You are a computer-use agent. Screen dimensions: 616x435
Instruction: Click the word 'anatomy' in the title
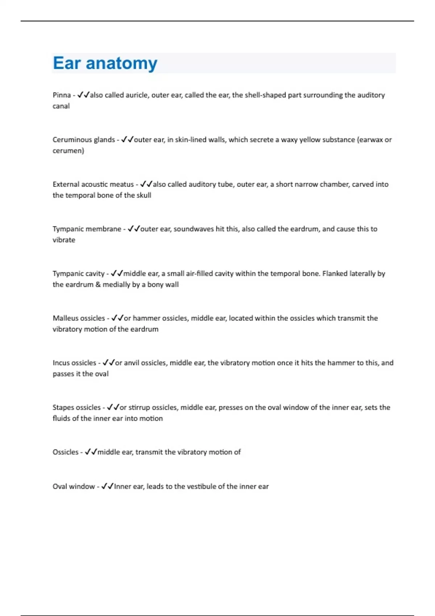click(121, 63)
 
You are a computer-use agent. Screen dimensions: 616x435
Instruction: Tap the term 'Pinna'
click(62, 95)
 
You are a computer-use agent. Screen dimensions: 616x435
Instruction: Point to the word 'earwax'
click(370, 140)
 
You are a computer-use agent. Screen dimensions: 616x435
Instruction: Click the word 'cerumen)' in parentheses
click(68, 151)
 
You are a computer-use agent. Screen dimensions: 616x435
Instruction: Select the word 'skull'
click(144, 195)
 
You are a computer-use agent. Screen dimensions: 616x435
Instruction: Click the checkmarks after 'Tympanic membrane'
click(134, 229)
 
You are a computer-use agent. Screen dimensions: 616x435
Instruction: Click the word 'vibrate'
click(64, 240)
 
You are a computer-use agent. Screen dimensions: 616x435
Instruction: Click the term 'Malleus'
click(66, 318)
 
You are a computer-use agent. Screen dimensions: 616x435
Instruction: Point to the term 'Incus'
click(61, 363)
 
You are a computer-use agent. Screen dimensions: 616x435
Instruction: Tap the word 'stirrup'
click(139, 407)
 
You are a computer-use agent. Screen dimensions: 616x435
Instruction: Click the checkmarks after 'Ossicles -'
click(91, 452)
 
